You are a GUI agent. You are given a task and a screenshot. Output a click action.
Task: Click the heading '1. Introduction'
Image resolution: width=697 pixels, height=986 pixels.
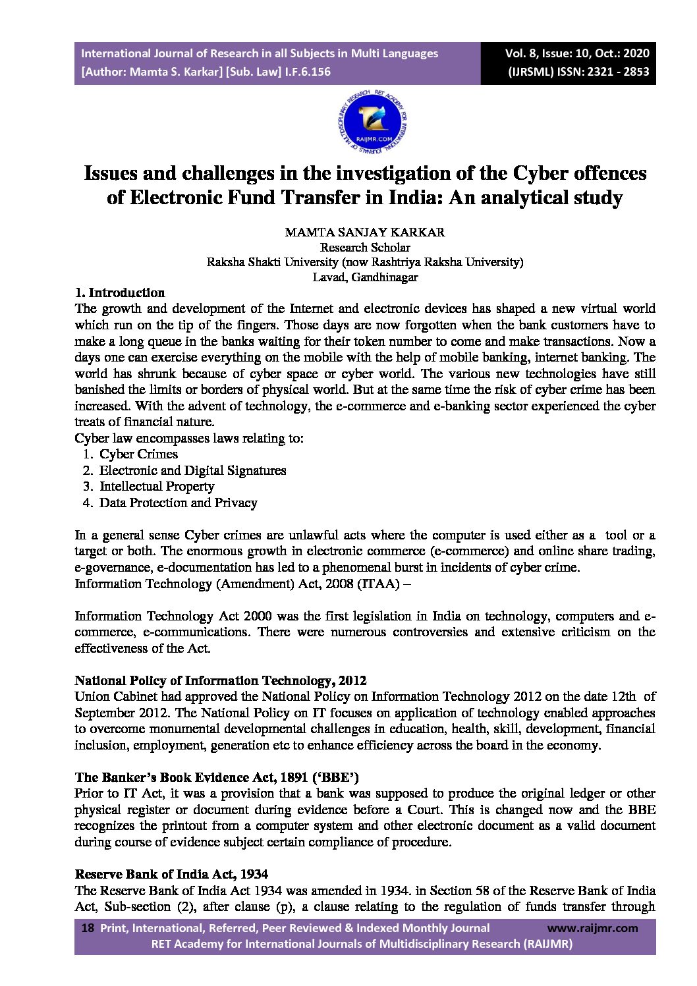(120, 293)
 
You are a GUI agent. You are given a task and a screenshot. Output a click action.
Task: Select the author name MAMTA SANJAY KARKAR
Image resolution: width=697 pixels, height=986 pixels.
(364, 233)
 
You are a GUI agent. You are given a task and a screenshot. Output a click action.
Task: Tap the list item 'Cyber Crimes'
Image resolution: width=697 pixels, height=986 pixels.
(138, 454)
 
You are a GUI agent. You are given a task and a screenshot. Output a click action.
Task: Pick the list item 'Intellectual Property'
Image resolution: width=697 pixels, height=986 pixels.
(157, 487)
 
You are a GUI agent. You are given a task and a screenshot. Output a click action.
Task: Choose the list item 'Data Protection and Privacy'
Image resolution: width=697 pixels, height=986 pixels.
(178, 503)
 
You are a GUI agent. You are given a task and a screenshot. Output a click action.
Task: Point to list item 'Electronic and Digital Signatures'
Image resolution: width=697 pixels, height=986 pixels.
(192, 471)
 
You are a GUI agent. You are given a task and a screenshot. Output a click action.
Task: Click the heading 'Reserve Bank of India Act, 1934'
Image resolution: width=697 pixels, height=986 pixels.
(171, 875)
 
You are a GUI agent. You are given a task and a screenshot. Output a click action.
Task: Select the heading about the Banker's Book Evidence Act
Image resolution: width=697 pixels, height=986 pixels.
(217, 778)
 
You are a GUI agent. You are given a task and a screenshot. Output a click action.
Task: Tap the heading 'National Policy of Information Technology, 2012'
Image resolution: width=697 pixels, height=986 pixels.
(220, 681)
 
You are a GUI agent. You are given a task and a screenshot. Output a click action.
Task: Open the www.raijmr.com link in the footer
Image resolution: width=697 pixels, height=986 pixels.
(592, 928)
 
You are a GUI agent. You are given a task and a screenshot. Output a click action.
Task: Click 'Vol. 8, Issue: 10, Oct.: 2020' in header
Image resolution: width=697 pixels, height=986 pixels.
(577, 53)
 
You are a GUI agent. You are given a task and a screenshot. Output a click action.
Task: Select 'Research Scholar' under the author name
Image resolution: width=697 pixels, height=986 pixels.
(364, 248)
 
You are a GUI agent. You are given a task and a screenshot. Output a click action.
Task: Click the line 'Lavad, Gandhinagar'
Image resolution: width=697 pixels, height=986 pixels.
(364, 277)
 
